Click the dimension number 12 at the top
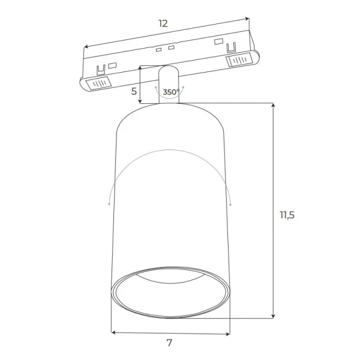pos(163,24)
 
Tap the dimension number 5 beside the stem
pos(134,93)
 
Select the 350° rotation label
pos(170,92)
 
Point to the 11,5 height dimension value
pos(287,215)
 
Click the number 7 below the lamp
pos(169,343)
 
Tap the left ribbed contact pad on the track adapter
pos(98,83)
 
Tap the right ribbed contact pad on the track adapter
pos(239,60)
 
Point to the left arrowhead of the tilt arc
pos(108,205)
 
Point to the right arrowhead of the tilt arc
pos(229,205)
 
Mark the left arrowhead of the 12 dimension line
pos(85,46)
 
